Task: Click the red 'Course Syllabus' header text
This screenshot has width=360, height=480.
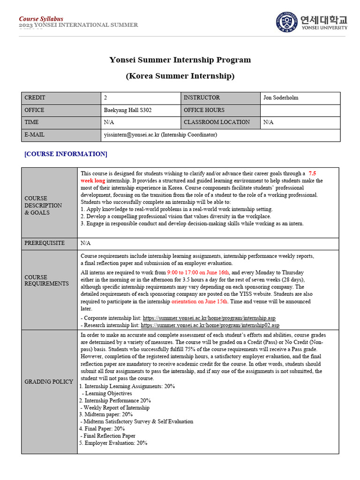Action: click(x=41, y=19)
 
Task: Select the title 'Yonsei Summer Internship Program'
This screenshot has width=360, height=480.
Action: click(x=180, y=60)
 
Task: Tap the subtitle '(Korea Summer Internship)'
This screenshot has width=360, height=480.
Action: click(x=180, y=76)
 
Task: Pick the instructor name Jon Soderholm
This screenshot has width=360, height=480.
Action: click(x=281, y=98)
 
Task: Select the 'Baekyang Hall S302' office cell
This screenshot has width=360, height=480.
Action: click(x=127, y=110)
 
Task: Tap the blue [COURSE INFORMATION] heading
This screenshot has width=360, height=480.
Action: click(x=66, y=154)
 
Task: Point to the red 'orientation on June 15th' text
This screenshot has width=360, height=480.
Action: click(x=200, y=302)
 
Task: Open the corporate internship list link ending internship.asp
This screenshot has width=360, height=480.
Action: click(x=209, y=318)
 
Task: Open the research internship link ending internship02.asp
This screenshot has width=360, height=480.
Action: click(x=210, y=325)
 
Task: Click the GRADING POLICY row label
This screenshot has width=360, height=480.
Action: click(x=49, y=382)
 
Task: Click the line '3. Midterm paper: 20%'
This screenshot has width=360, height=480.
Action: click(x=106, y=415)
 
